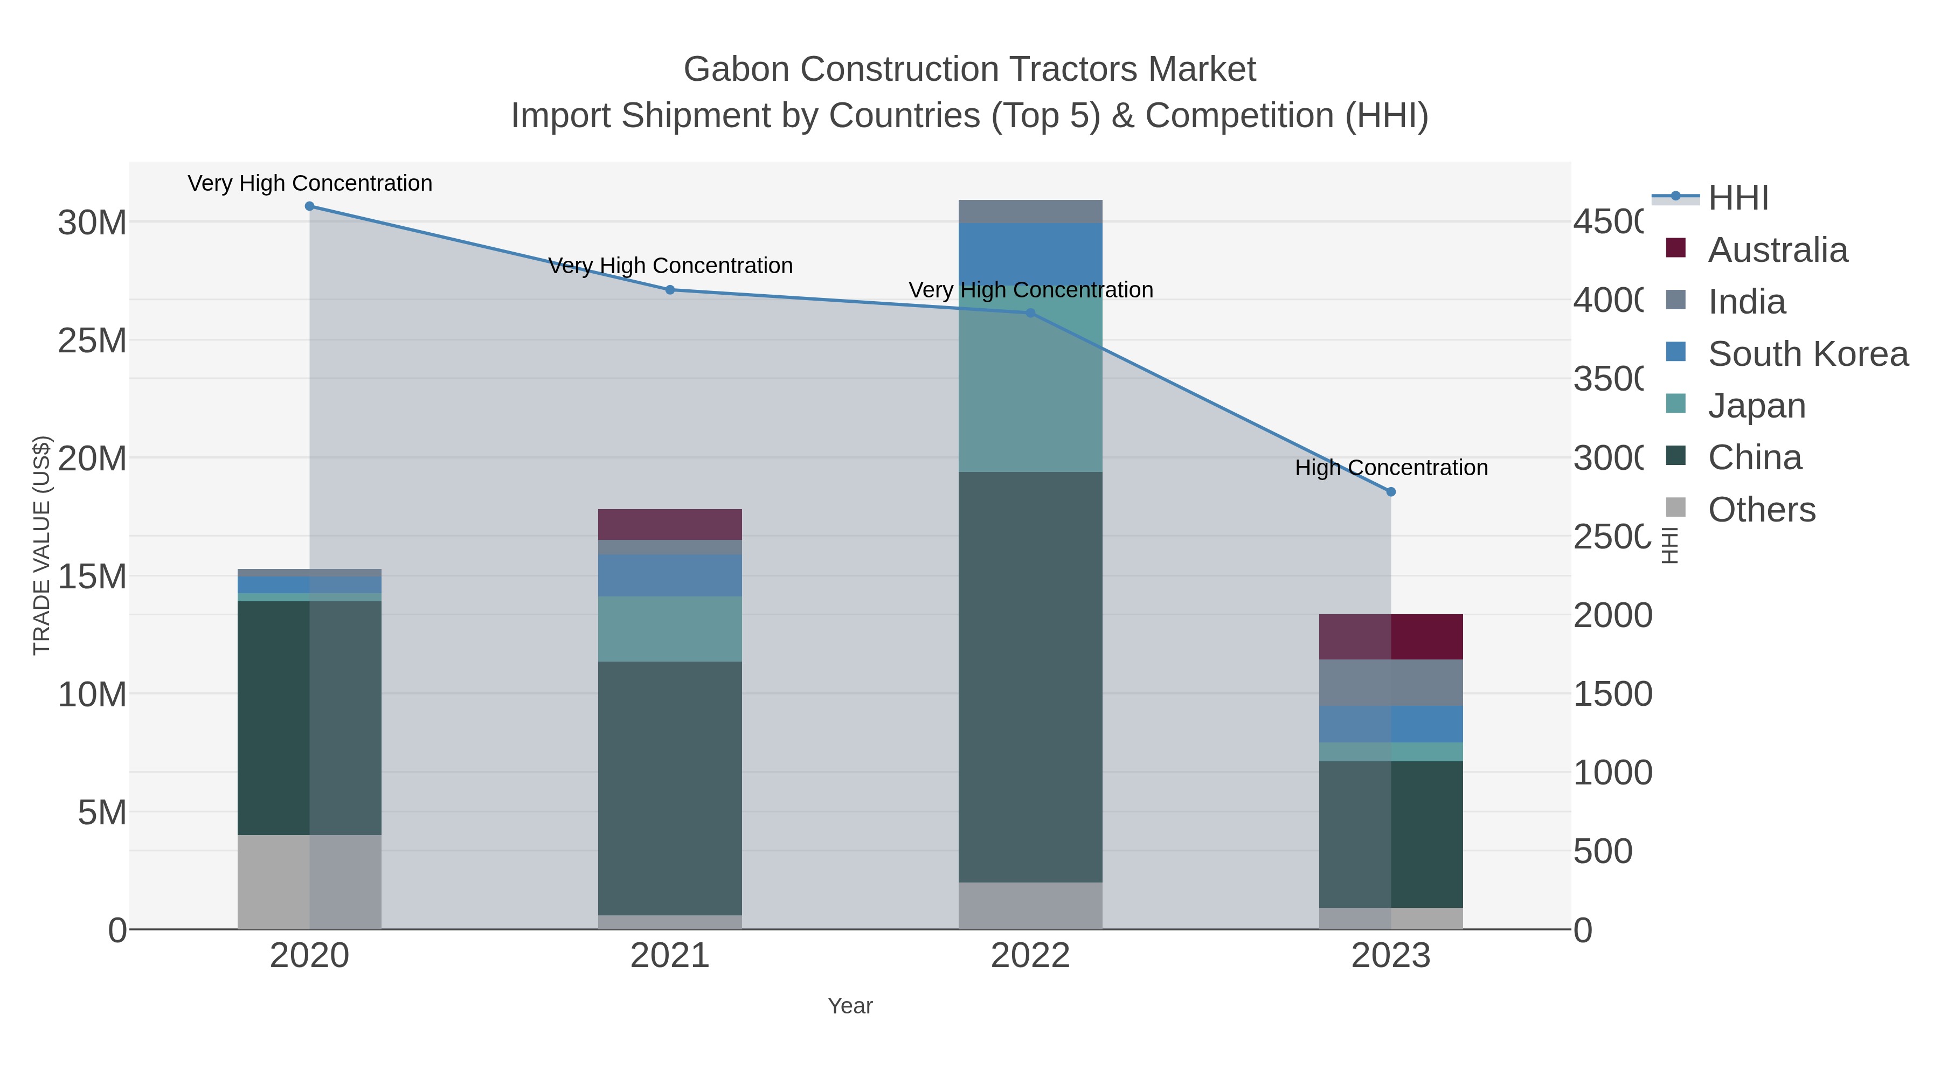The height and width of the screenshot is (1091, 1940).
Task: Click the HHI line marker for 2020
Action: click(309, 206)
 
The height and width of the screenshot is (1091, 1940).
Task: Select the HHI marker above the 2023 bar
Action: click(1391, 492)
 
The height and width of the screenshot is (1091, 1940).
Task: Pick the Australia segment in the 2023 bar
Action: click(1391, 637)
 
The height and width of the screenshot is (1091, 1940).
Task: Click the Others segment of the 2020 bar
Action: click(309, 881)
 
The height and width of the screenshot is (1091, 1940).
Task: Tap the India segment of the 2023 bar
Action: click(1391, 683)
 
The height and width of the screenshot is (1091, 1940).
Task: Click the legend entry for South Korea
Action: click(1808, 354)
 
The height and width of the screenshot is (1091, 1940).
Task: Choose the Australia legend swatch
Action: click(1675, 248)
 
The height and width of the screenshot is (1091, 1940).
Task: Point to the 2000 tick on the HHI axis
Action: click(1612, 616)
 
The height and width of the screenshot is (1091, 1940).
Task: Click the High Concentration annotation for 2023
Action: click(1391, 468)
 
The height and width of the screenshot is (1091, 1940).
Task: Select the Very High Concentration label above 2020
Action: click(309, 183)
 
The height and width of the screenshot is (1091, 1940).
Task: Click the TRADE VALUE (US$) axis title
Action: click(41, 545)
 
